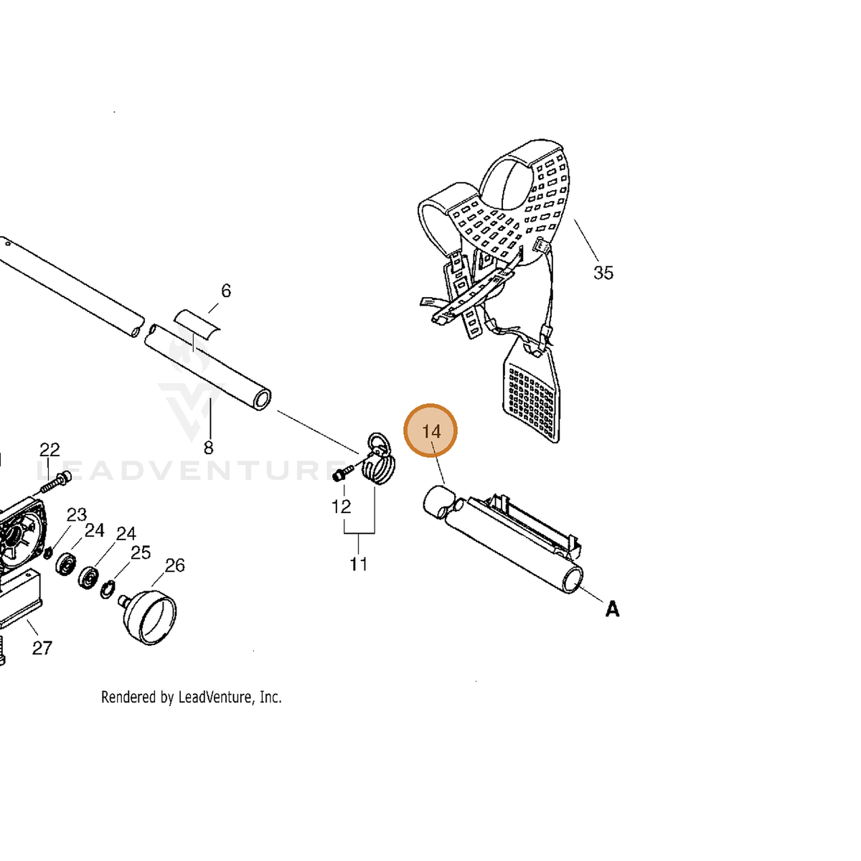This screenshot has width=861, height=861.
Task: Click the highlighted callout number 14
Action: (430, 431)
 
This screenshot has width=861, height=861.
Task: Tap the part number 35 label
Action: (603, 273)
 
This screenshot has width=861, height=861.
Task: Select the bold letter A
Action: (612, 609)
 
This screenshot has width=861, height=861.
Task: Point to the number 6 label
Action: (226, 291)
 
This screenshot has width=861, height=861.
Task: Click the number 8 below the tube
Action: (208, 447)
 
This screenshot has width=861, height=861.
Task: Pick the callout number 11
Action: (358, 565)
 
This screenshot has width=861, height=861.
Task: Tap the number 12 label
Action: (341, 507)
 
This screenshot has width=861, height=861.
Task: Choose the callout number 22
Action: (50, 449)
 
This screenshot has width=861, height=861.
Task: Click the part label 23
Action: (76, 514)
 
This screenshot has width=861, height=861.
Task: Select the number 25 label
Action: (141, 552)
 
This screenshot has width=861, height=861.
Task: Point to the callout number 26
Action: (174, 565)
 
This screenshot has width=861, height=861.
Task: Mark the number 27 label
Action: (42, 648)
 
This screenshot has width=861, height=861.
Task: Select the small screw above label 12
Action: (343, 473)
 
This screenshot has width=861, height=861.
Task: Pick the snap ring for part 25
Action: (107, 589)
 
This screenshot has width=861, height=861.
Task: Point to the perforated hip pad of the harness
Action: (531, 389)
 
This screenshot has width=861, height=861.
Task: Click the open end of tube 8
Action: (261, 398)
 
